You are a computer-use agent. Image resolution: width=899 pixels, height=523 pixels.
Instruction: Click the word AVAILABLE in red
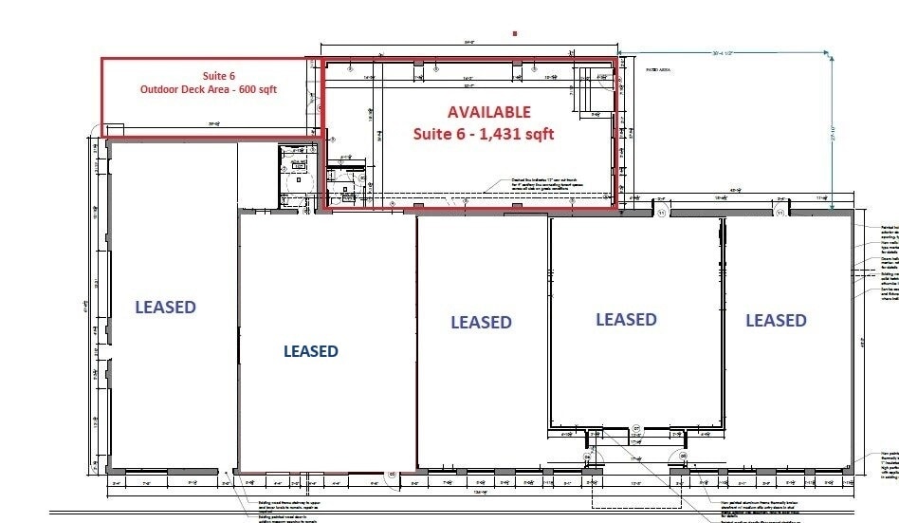pos(489,112)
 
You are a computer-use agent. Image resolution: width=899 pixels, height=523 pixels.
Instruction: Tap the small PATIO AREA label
pos(659,70)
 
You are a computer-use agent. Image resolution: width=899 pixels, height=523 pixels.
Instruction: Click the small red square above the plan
pos(515,33)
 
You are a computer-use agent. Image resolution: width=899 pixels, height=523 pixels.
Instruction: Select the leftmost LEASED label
pos(165,307)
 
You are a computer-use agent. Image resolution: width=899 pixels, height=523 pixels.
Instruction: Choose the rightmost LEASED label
pos(776,320)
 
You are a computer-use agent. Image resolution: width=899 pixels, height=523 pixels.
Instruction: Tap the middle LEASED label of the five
pos(481,323)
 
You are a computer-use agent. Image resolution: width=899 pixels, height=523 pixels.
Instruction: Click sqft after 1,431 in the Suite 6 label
pos(536,135)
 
